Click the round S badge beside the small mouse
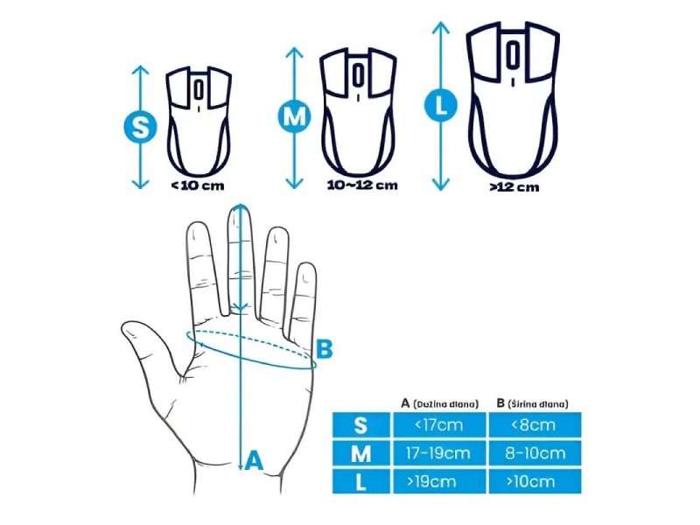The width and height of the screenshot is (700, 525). [x=140, y=127]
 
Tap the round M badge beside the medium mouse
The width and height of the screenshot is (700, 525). [x=295, y=116]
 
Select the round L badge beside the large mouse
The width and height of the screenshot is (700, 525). [x=441, y=105]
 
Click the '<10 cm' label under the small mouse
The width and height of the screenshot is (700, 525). [x=198, y=185]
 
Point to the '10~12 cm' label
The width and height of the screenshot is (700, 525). [x=362, y=185]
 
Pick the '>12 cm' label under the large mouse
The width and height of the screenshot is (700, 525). [x=514, y=187]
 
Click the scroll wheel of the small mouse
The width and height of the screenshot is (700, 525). [x=199, y=90]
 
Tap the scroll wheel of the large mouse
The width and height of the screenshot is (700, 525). [x=513, y=55]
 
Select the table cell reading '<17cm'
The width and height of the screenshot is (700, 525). [x=439, y=424]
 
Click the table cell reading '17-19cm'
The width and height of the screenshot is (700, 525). [x=439, y=453]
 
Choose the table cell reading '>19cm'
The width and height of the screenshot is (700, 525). [x=439, y=481]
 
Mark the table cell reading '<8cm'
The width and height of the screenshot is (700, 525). [x=535, y=424]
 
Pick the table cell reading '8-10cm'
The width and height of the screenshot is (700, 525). [x=535, y=453]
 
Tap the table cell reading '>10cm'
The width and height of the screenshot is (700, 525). [x=535, y=481]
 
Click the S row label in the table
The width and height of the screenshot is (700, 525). [x=361, y=424]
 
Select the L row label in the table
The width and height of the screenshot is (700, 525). [x=361, y=481]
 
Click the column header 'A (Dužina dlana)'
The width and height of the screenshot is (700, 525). [x=440, y=403]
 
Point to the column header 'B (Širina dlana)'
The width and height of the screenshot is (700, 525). [x=533, y=403]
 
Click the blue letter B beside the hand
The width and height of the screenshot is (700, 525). [x=324, y=349]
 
